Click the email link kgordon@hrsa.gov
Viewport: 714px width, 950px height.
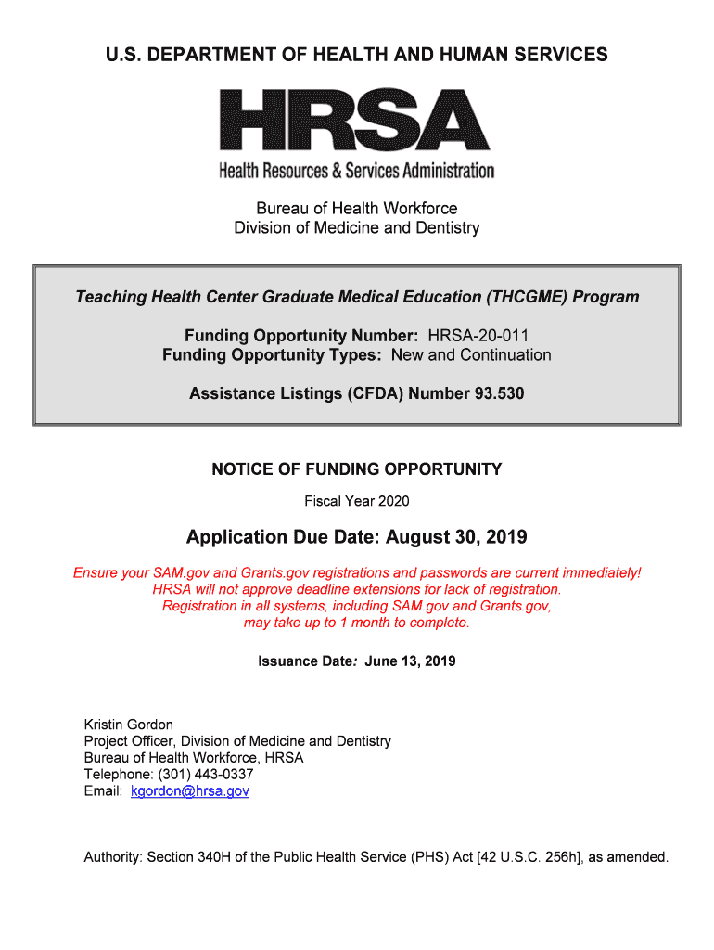tap(190, 791)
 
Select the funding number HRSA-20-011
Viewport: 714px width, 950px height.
tap(478, 335)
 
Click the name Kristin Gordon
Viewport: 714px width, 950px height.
tap(129, 725)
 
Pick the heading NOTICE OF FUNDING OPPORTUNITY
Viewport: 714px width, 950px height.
tap(357, 469)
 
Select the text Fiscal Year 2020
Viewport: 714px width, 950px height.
tap(357, 501)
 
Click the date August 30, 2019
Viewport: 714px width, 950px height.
tap(456, 537)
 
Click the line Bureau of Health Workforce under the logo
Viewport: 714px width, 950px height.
tap(357, 208)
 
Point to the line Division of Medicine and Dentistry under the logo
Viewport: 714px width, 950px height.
tap(357, 227)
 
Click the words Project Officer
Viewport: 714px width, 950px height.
tap(128, 741)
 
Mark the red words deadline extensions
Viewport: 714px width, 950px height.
tap(381, 589)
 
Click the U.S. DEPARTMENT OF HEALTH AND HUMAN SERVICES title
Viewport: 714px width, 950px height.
tap(357, 55)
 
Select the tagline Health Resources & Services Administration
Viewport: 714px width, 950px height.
tap(357, 171)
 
